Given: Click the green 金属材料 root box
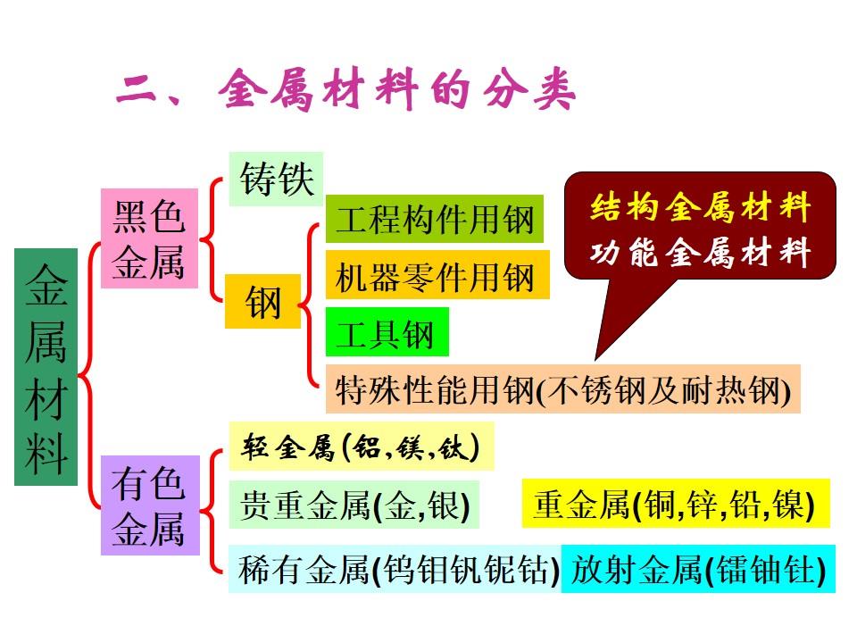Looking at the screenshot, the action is (46, 367).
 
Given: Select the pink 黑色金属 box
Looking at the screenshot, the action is (149, 238).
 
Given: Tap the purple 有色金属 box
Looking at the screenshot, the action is (150, 505).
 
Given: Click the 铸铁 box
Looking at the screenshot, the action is (276, 179).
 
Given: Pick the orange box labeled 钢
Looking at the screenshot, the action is (262, 301).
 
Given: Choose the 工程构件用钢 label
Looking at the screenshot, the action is (435, 219).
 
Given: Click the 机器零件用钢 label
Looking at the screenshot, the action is (437, 275).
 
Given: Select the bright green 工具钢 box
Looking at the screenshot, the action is (387, 332).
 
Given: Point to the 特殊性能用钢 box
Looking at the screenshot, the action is (563, 388).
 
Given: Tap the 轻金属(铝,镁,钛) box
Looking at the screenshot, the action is (362, 447).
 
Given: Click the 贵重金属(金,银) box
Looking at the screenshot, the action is (354, 504).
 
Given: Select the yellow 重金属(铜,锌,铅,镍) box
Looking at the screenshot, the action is (676, 503).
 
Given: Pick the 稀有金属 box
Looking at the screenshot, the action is (395, 569).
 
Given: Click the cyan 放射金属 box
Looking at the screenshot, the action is (698, 569).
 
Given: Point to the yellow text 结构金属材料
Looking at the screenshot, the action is (700, 207).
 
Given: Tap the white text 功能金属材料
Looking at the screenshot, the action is (700, 252).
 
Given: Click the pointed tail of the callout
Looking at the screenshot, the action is (595, 359).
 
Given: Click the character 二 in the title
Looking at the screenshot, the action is (137, 89).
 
